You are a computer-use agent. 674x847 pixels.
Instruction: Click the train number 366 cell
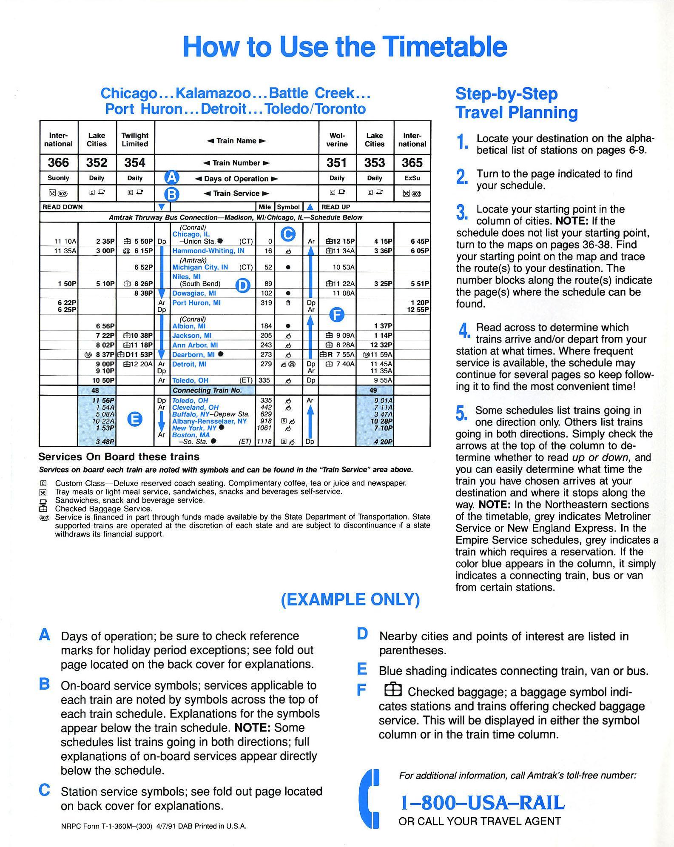58,163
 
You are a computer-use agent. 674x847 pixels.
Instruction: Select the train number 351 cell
337,163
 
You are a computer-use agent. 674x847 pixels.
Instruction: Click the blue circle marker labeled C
288,234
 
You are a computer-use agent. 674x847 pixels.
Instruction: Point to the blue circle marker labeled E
135,420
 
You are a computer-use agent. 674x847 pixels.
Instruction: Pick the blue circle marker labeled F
337,314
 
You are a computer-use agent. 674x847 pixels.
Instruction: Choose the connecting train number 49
373,391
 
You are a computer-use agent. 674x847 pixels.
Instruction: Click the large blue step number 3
462,213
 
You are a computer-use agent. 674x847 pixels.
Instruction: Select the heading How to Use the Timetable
344,46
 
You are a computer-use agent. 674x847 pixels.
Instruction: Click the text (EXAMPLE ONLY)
350,599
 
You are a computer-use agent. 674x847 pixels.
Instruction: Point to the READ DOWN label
62,207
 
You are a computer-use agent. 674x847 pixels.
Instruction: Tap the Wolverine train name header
337,140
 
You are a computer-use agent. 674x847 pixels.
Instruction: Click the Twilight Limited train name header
135,140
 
